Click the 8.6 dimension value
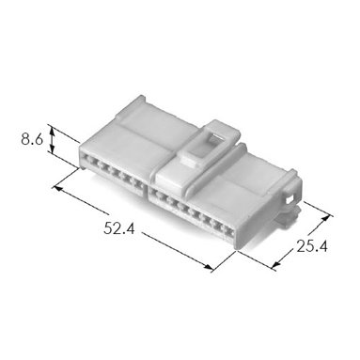click(32, 139)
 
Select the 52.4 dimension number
click(119, 228)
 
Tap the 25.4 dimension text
click(312, 246)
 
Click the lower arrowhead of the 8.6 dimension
click(53, 149)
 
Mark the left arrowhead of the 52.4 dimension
click(58, 188)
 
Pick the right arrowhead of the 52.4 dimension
click(208, 267)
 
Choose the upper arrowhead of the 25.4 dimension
click(327, 218)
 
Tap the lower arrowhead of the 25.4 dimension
click(275, 265)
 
